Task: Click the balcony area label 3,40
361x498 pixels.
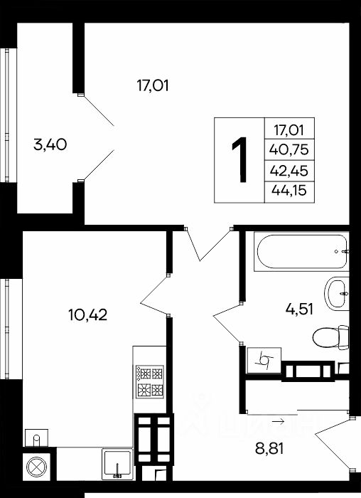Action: tap(50, 145)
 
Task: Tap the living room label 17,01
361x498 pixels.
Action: tap(152, 86)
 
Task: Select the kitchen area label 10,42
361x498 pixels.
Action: tap(88, 314)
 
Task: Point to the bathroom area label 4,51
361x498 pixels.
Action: tap(299, 309)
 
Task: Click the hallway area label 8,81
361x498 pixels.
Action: tap(269, 449)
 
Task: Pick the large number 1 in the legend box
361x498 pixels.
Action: tap(239, 160)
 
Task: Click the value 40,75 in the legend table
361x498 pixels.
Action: tap(289, 149)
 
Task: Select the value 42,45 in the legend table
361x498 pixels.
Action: tap(289, 171)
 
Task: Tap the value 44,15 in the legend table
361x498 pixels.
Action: tap(289, 191)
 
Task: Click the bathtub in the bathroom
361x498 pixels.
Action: tap(301, 251)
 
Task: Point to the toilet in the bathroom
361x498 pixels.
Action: tap(330, 337)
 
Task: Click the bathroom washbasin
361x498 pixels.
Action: tap(337, 293)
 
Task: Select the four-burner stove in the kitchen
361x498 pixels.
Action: tap(150, 381)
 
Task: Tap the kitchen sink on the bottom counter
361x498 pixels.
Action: tap(117, 464)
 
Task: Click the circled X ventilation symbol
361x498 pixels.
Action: tap(36, 467)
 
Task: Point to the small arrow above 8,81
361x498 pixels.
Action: tap(278, 421)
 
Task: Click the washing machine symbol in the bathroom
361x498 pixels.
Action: tap(264, 360)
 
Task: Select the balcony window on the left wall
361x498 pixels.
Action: tap(7, 115)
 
